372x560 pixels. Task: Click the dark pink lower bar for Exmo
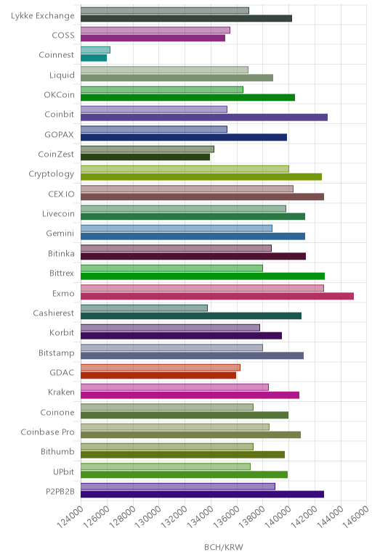(217, 296)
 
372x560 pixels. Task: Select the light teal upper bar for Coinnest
(95, 50)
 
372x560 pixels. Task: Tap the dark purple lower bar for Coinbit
(204, 118)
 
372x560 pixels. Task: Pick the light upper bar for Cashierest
(144, 308)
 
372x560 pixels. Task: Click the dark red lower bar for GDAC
(158, 375)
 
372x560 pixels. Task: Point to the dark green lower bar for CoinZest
(145, 157)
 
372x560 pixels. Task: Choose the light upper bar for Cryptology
(185, 169)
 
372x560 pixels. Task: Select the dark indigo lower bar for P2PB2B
(203, 494)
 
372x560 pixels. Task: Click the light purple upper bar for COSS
(155, 30)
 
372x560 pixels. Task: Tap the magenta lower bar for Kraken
(190, 395)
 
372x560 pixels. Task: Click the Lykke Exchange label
(43, 16)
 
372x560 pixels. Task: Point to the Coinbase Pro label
(47, 432)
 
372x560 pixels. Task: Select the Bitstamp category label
(57, 353)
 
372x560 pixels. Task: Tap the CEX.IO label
(62, 194)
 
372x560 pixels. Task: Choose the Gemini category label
(60, 234)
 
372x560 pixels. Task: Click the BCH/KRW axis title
(224, 547)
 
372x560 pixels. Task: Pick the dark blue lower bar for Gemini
(193, 236)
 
